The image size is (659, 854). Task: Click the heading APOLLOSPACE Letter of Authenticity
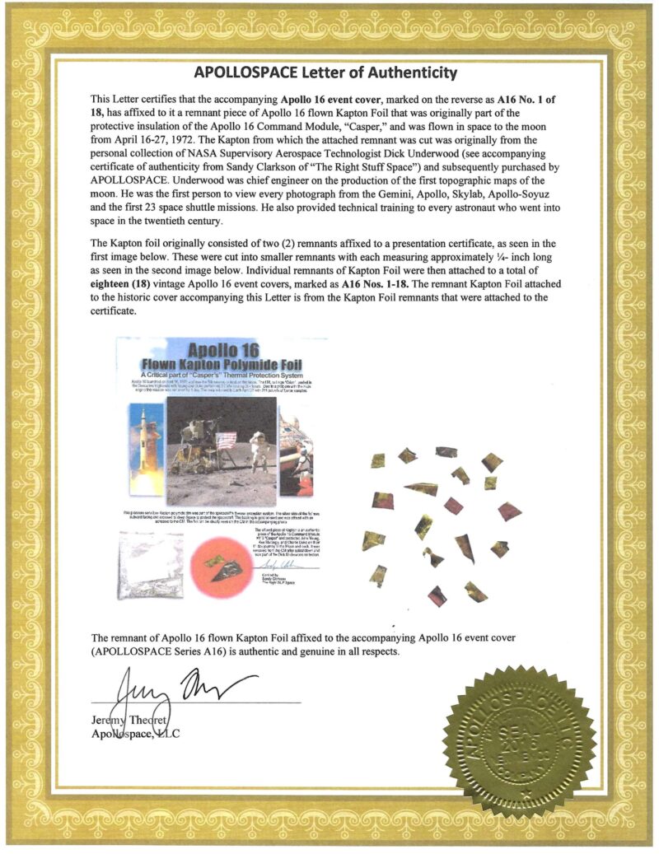pyautogui.click(x=329, y=73)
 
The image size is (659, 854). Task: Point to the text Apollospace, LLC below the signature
pyautogui.click(x=136, y=734)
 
